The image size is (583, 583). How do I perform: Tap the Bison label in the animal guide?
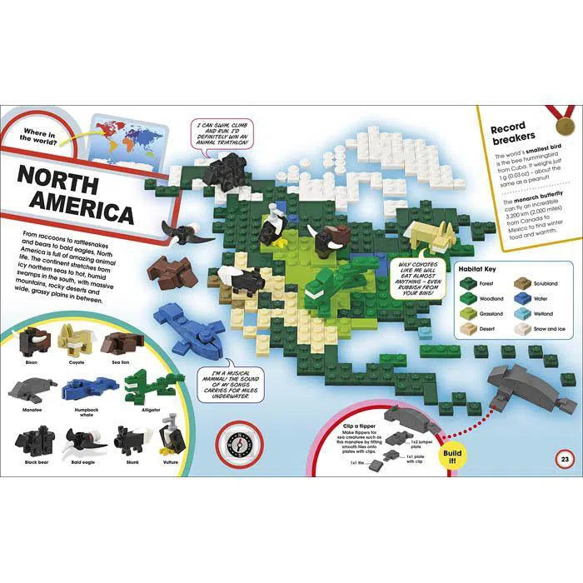32,363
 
